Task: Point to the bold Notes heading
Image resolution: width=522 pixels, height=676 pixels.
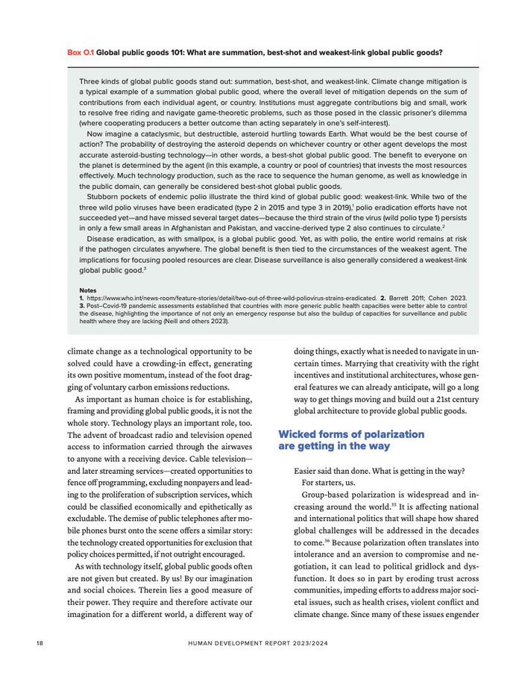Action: (87, 290)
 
